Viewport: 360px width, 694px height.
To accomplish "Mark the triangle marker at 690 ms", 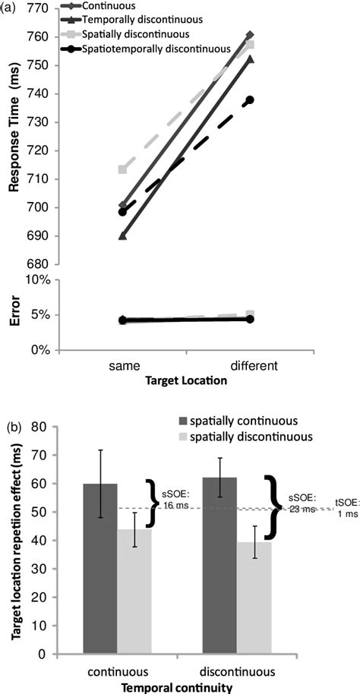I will point(122,235).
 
